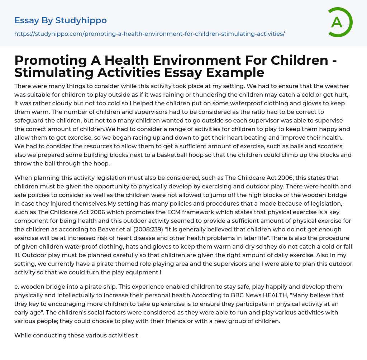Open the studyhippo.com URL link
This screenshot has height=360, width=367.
[149, 34]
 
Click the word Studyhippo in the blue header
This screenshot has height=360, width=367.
[81, 20]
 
